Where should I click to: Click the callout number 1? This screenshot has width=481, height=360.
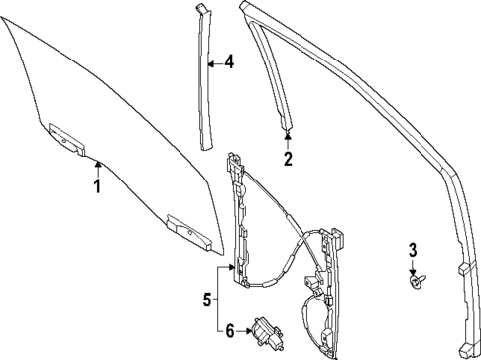97,185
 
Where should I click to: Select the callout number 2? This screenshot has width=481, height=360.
288,158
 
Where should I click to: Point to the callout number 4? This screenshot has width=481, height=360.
229,62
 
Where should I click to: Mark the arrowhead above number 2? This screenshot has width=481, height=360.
288,134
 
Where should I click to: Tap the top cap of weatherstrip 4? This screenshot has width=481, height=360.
204,9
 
